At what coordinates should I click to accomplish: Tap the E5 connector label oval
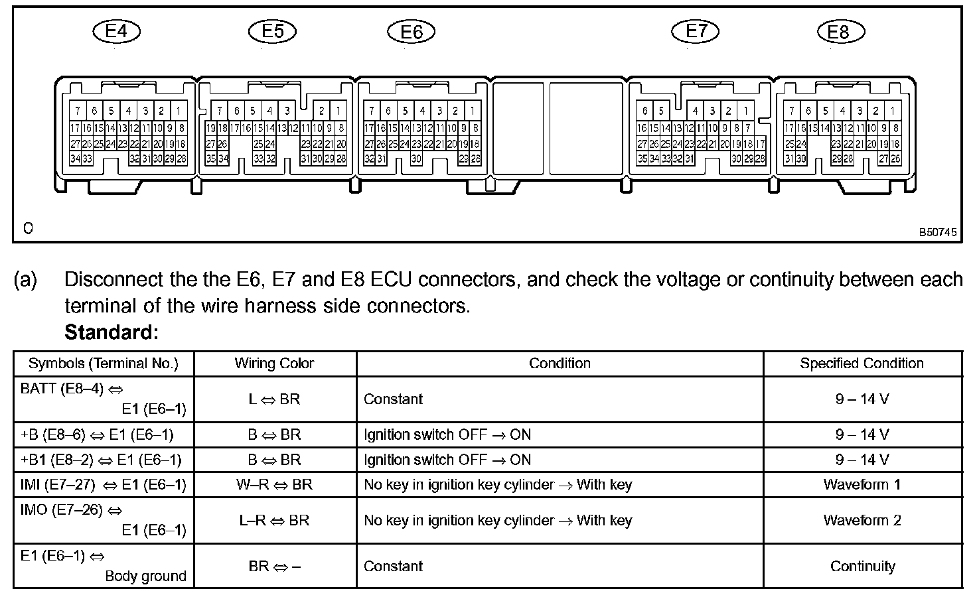tap(273, 31)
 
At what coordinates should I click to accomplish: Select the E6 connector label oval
tap(412, 32)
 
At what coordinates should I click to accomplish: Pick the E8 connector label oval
tap(839, 32)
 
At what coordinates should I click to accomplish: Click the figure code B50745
tap(938, 233)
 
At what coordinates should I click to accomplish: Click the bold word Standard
tap(112, 332)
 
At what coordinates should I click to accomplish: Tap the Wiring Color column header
tap(274, 364)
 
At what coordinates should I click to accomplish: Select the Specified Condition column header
tap(862, 364)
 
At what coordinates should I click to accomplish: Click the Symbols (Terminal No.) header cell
tap(104, 364)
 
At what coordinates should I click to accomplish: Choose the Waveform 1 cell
tap(862, 484)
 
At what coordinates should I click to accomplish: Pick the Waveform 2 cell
tap(862, 520)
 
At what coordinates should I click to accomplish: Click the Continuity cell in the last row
tap(862, 566)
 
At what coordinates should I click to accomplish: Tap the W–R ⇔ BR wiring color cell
tap(274, 484)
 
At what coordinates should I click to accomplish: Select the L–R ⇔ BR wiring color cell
tap(274, 520)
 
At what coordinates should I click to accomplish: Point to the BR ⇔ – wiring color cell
tap(274, 566)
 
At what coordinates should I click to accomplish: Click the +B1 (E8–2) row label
tap(101, 460)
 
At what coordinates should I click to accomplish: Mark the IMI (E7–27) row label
tap(104, 484)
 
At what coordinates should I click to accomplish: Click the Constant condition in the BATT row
tap(393, 399)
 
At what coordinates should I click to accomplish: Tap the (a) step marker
tap(25, 280)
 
